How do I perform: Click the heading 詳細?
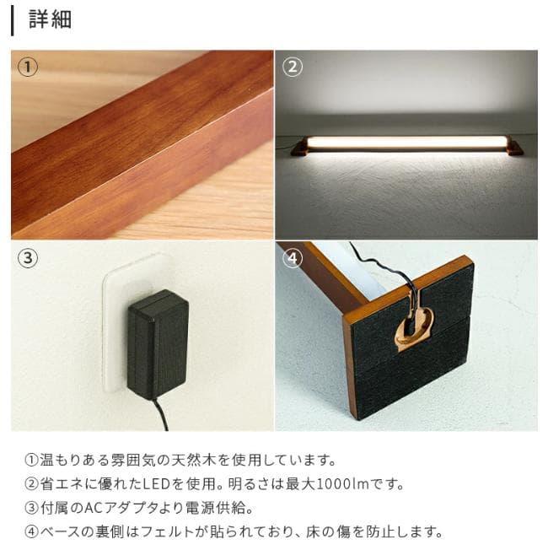pos(50,19)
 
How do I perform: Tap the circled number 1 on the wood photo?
pos(27,67)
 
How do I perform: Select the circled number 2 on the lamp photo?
pos(292,67)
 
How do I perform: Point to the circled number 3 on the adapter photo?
pos(27,258)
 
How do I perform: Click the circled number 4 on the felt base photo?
pos(292,258)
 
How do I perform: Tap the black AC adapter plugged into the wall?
pos(158,344)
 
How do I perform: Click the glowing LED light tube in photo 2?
pos(407,143)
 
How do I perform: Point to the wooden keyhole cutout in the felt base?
pos(415,327)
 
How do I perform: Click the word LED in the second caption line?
pos(163,484)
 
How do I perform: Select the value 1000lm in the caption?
pos(343,484)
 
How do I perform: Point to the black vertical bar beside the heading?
pos(13,20)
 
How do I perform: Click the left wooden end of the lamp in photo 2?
pos(299,148)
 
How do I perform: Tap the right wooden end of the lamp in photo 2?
pos(514,148)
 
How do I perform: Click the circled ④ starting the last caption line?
pos(31,531)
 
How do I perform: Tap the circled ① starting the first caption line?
pos(31,460)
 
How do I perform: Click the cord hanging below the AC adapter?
pos(161,415)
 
